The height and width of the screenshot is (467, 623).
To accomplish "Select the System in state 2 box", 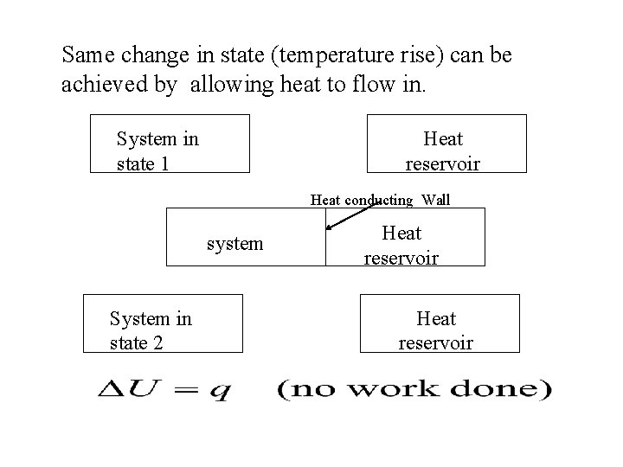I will [x=163, y=323].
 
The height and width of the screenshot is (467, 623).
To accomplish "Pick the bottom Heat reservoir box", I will [x=440, y=323].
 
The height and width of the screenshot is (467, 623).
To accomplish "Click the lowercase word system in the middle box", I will [x=235, y=244].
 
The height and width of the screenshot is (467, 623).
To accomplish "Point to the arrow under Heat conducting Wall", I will [x=355, y=217].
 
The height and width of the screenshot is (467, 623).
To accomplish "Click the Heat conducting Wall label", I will [x=381, y=200].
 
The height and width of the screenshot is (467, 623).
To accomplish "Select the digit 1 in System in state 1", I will [x=164, y=163].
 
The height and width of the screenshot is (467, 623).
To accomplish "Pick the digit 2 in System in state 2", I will [x=157, y=343].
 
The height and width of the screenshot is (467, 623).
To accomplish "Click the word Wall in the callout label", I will [x=436, y=200].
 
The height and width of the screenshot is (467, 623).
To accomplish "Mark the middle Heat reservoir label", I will [x=401, y=245].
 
